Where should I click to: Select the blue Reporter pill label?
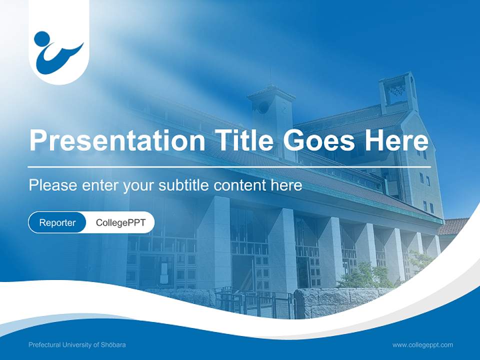pyautogui.click(x=57, y=223)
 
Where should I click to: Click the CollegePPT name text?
pyautogui.click(x=120, y=223)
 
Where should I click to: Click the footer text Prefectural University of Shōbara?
pyautogui.click(x=77, y=345)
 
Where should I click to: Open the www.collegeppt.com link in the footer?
pyautogui.click(x=422, y=345)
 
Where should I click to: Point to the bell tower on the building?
pyautogui.click(x=398, y=92)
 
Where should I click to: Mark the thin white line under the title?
pyautogui.click(x=229, y=166)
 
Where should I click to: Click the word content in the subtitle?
pyautogui.click(x=241, y=185)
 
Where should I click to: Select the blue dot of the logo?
pyautogui.click(x=42, y=38)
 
